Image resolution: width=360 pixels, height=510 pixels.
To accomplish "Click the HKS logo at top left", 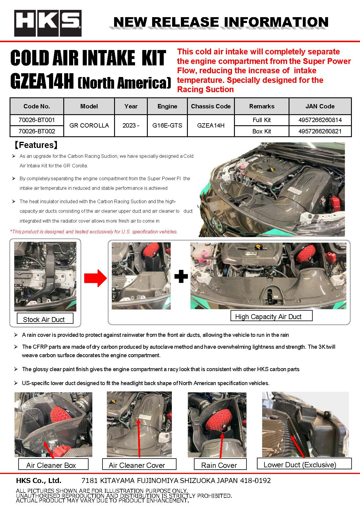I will [48, 23].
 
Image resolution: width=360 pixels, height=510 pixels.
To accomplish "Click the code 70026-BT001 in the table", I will [37, 120].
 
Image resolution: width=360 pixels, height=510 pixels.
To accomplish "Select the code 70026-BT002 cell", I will [37, 131].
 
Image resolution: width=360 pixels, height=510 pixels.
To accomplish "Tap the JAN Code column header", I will [320, 106].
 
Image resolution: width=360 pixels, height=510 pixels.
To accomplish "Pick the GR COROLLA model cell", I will [89, 126].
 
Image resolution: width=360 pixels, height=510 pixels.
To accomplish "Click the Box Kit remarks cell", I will [261, 131].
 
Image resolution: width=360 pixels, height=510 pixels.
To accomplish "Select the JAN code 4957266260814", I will [320, 120].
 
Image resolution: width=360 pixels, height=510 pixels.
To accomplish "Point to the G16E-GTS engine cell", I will [167, 126].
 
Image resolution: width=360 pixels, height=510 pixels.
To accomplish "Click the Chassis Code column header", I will [210, 106].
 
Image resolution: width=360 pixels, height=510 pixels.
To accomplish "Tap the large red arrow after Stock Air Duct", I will [95, 278].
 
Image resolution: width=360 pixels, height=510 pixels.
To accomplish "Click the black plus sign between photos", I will [181, 277].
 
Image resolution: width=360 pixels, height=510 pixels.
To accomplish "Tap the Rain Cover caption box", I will [220, 465].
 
